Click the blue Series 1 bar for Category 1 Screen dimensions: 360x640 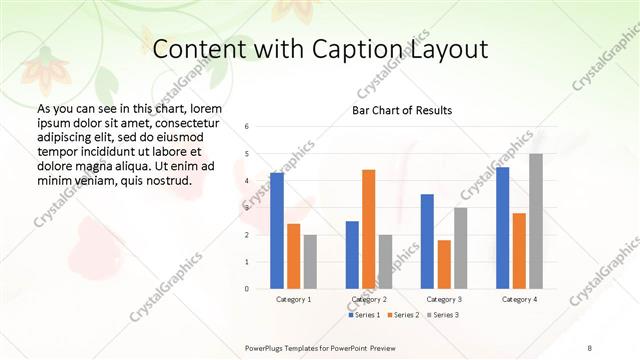pos(277,231)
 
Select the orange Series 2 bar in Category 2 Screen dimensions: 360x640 pos(369,229)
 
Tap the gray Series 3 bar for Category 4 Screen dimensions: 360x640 pos(536,221)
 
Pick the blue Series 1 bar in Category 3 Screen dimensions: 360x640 pos(427,241)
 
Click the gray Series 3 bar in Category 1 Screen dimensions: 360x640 pos(310,262)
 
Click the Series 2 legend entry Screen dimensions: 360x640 pos(406,315)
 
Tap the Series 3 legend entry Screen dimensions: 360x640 pos(445,315)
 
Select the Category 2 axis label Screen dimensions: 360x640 pos(369,299)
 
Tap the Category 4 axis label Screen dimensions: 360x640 pos(519,299)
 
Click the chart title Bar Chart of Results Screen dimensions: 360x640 pos(402,110)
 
